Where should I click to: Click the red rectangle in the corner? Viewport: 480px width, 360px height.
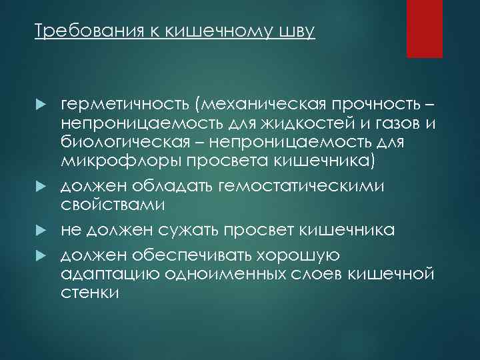[425, 29]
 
